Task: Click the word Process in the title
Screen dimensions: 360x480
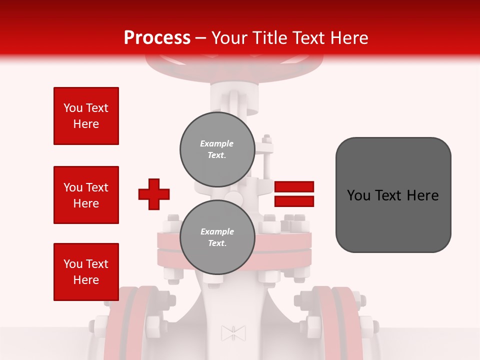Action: (x=157, y=38)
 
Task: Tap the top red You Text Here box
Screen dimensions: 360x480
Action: (x=86, y=116)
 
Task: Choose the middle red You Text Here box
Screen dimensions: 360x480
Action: (x=86, y=195)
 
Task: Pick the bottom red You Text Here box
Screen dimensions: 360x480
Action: (x=86, y=272)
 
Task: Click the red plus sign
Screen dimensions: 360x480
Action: (x=154, y=194)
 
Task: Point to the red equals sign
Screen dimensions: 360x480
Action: (x=294, y=194)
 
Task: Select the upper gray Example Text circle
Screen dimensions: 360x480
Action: (x=217, y=149)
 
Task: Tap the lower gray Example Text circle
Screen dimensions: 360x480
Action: (x=217, y=237)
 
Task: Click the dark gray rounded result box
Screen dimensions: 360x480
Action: (x=393, y=194)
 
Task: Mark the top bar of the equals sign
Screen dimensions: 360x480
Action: (x=294, y=186)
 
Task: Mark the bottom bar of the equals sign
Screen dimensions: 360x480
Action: (x=294, y=201)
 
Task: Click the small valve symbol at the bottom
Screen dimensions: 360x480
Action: (x=233, y=333)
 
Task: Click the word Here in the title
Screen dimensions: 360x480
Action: (x=350, y=38)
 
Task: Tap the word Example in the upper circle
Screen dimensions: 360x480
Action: (x=217, y=143)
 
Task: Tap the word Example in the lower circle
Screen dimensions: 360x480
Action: (x=217, y=231)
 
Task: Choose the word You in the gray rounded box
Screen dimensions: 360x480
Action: (x=359, y=195)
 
